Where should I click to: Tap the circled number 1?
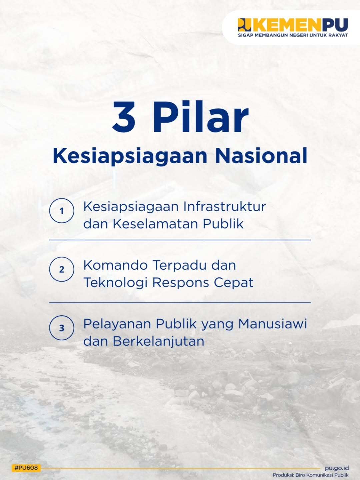point(62,211)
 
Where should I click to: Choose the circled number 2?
point(62,269)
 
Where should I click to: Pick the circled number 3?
point(62,328)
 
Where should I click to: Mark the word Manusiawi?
point(273,324)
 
